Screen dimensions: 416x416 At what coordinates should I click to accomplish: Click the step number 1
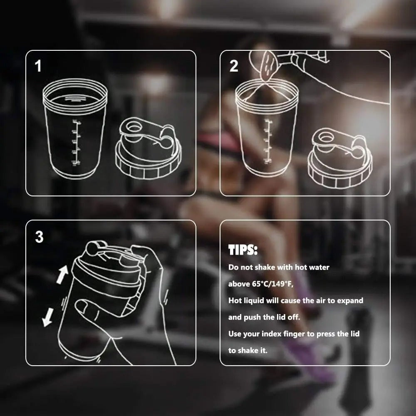tap(38, 66)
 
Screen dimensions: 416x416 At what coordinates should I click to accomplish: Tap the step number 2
tap(234, 66)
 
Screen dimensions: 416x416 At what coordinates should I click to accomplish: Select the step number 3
tap(39, 237)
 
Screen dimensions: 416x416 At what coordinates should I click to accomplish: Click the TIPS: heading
tap(243, 250)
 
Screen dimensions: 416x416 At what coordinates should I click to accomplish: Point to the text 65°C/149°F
tap(273, 284)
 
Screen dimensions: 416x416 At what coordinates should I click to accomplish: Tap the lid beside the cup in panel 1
tap(148, 149)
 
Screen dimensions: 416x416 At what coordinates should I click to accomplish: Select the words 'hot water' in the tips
tap(312, 267)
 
